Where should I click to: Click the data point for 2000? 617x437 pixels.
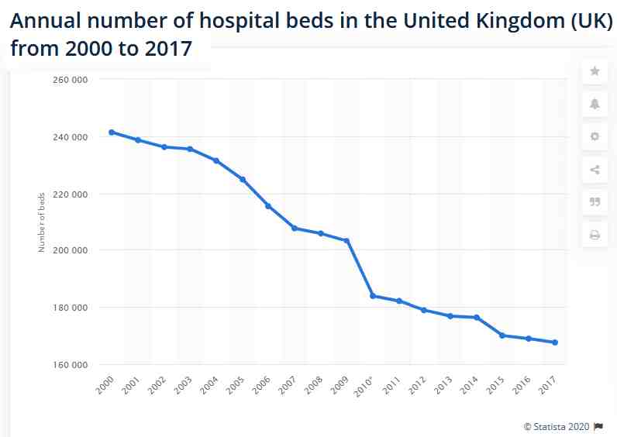(x=112, y=132)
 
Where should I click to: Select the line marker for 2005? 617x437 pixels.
(x=243, y=180)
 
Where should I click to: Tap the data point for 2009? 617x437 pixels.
(x=346, y=241)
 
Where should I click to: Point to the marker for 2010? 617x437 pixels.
(x=373, y=296)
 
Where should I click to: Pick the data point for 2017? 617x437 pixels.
(x=555, y=342)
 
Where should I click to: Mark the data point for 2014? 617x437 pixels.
(x=477, y=318)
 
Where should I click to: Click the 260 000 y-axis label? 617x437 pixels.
(x=71, y=80)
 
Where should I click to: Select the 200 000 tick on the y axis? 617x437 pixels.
(x=71, y=250)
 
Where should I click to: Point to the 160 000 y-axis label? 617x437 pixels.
(x=71, y=364)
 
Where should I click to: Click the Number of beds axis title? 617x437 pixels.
(x=42, y=222)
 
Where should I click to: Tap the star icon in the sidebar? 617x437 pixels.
(x=595, y=71)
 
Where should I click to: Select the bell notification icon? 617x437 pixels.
(x=595, y=104)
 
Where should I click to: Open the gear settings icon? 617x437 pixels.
(x=595, y=136)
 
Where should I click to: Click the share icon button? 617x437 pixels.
(x=595, y=170)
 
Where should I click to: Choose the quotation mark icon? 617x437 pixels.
(x=595, y=202)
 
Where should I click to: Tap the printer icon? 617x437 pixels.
(x=595, y=235)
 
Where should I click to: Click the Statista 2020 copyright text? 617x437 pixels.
(x=557, y=426)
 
